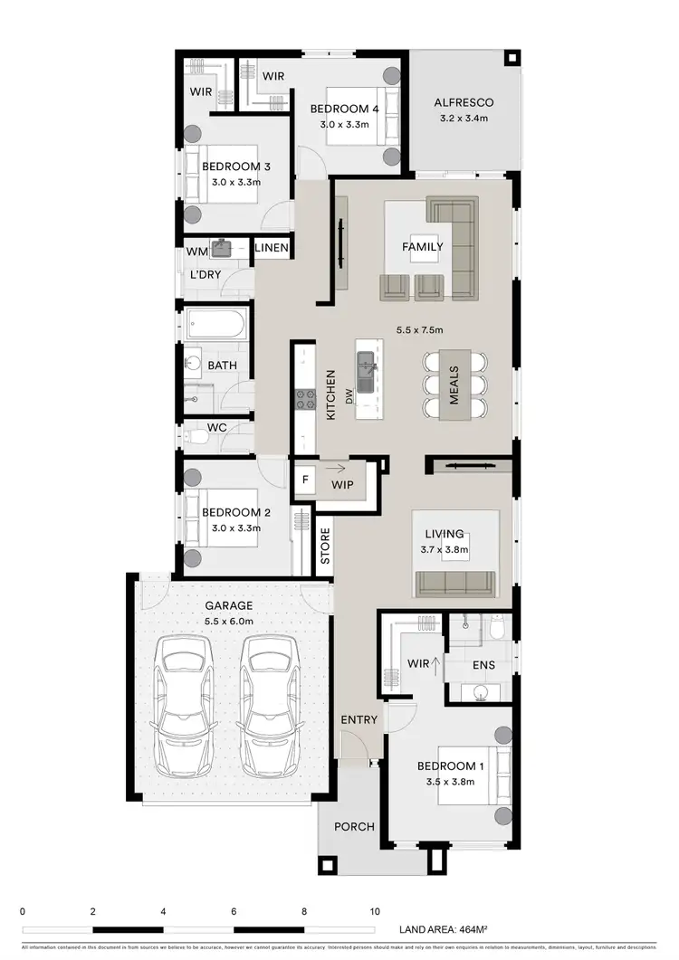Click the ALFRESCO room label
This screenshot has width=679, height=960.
[x=463, y=102]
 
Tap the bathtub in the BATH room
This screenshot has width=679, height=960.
[x=215, y=326]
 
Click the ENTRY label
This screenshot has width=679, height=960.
[x=358, y=719]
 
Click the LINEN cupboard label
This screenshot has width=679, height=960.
[x=272, y=248]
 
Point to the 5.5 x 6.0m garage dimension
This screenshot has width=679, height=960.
[x=228, y=622]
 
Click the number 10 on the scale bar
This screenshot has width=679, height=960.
[x=374, y=911]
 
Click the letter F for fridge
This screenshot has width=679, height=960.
[x=305, y=480]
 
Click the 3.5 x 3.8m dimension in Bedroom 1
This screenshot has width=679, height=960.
[x=451, y=783]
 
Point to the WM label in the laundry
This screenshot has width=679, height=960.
[x=196, y=250]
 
